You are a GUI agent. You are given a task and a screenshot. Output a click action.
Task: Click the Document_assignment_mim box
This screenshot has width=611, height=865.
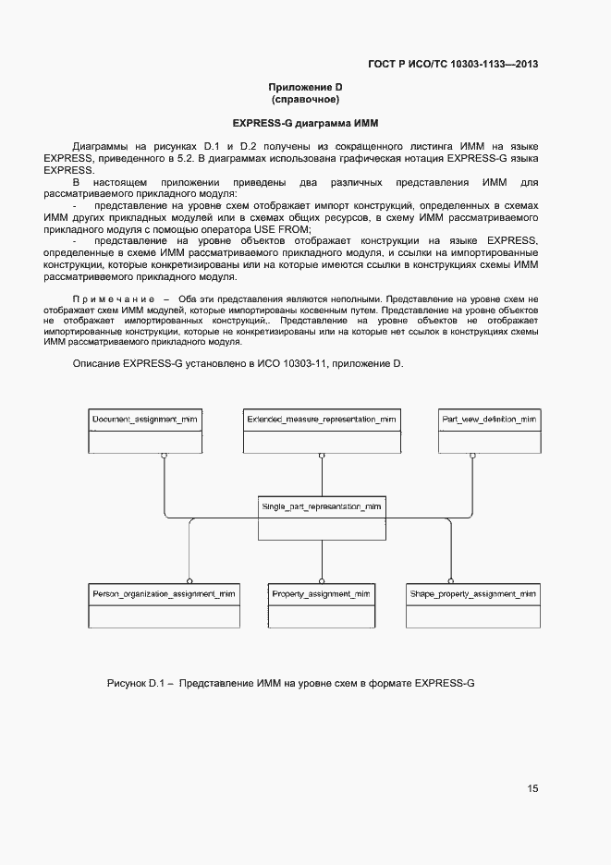click(x=144, y=430)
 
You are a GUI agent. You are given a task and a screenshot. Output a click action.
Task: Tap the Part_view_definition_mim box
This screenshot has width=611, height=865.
click(x=489, y=430)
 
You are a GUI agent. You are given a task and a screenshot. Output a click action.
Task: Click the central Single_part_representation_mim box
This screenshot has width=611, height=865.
click(x=321, y=518)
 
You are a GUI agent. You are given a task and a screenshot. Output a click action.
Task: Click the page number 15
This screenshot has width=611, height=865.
click(x=532, y=788)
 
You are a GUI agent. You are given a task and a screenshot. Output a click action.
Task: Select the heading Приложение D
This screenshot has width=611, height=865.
click(x=305, y=87)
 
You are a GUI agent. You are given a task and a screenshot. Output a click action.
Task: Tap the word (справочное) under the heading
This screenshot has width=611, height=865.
click(x=305, y=99)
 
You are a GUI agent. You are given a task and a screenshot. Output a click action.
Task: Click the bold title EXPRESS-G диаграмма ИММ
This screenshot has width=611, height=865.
click(x=305, y=123)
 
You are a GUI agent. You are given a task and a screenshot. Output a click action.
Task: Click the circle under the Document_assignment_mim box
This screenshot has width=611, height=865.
click(x=164, y=456)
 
